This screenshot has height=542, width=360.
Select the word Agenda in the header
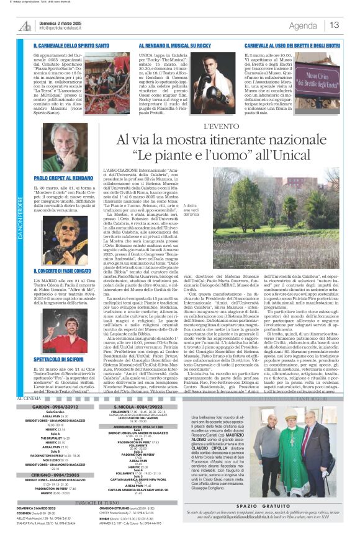coord(303,25)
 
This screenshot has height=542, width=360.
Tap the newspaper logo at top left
coord(25,25)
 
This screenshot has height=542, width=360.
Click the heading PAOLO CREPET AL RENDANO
coord(61,178)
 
